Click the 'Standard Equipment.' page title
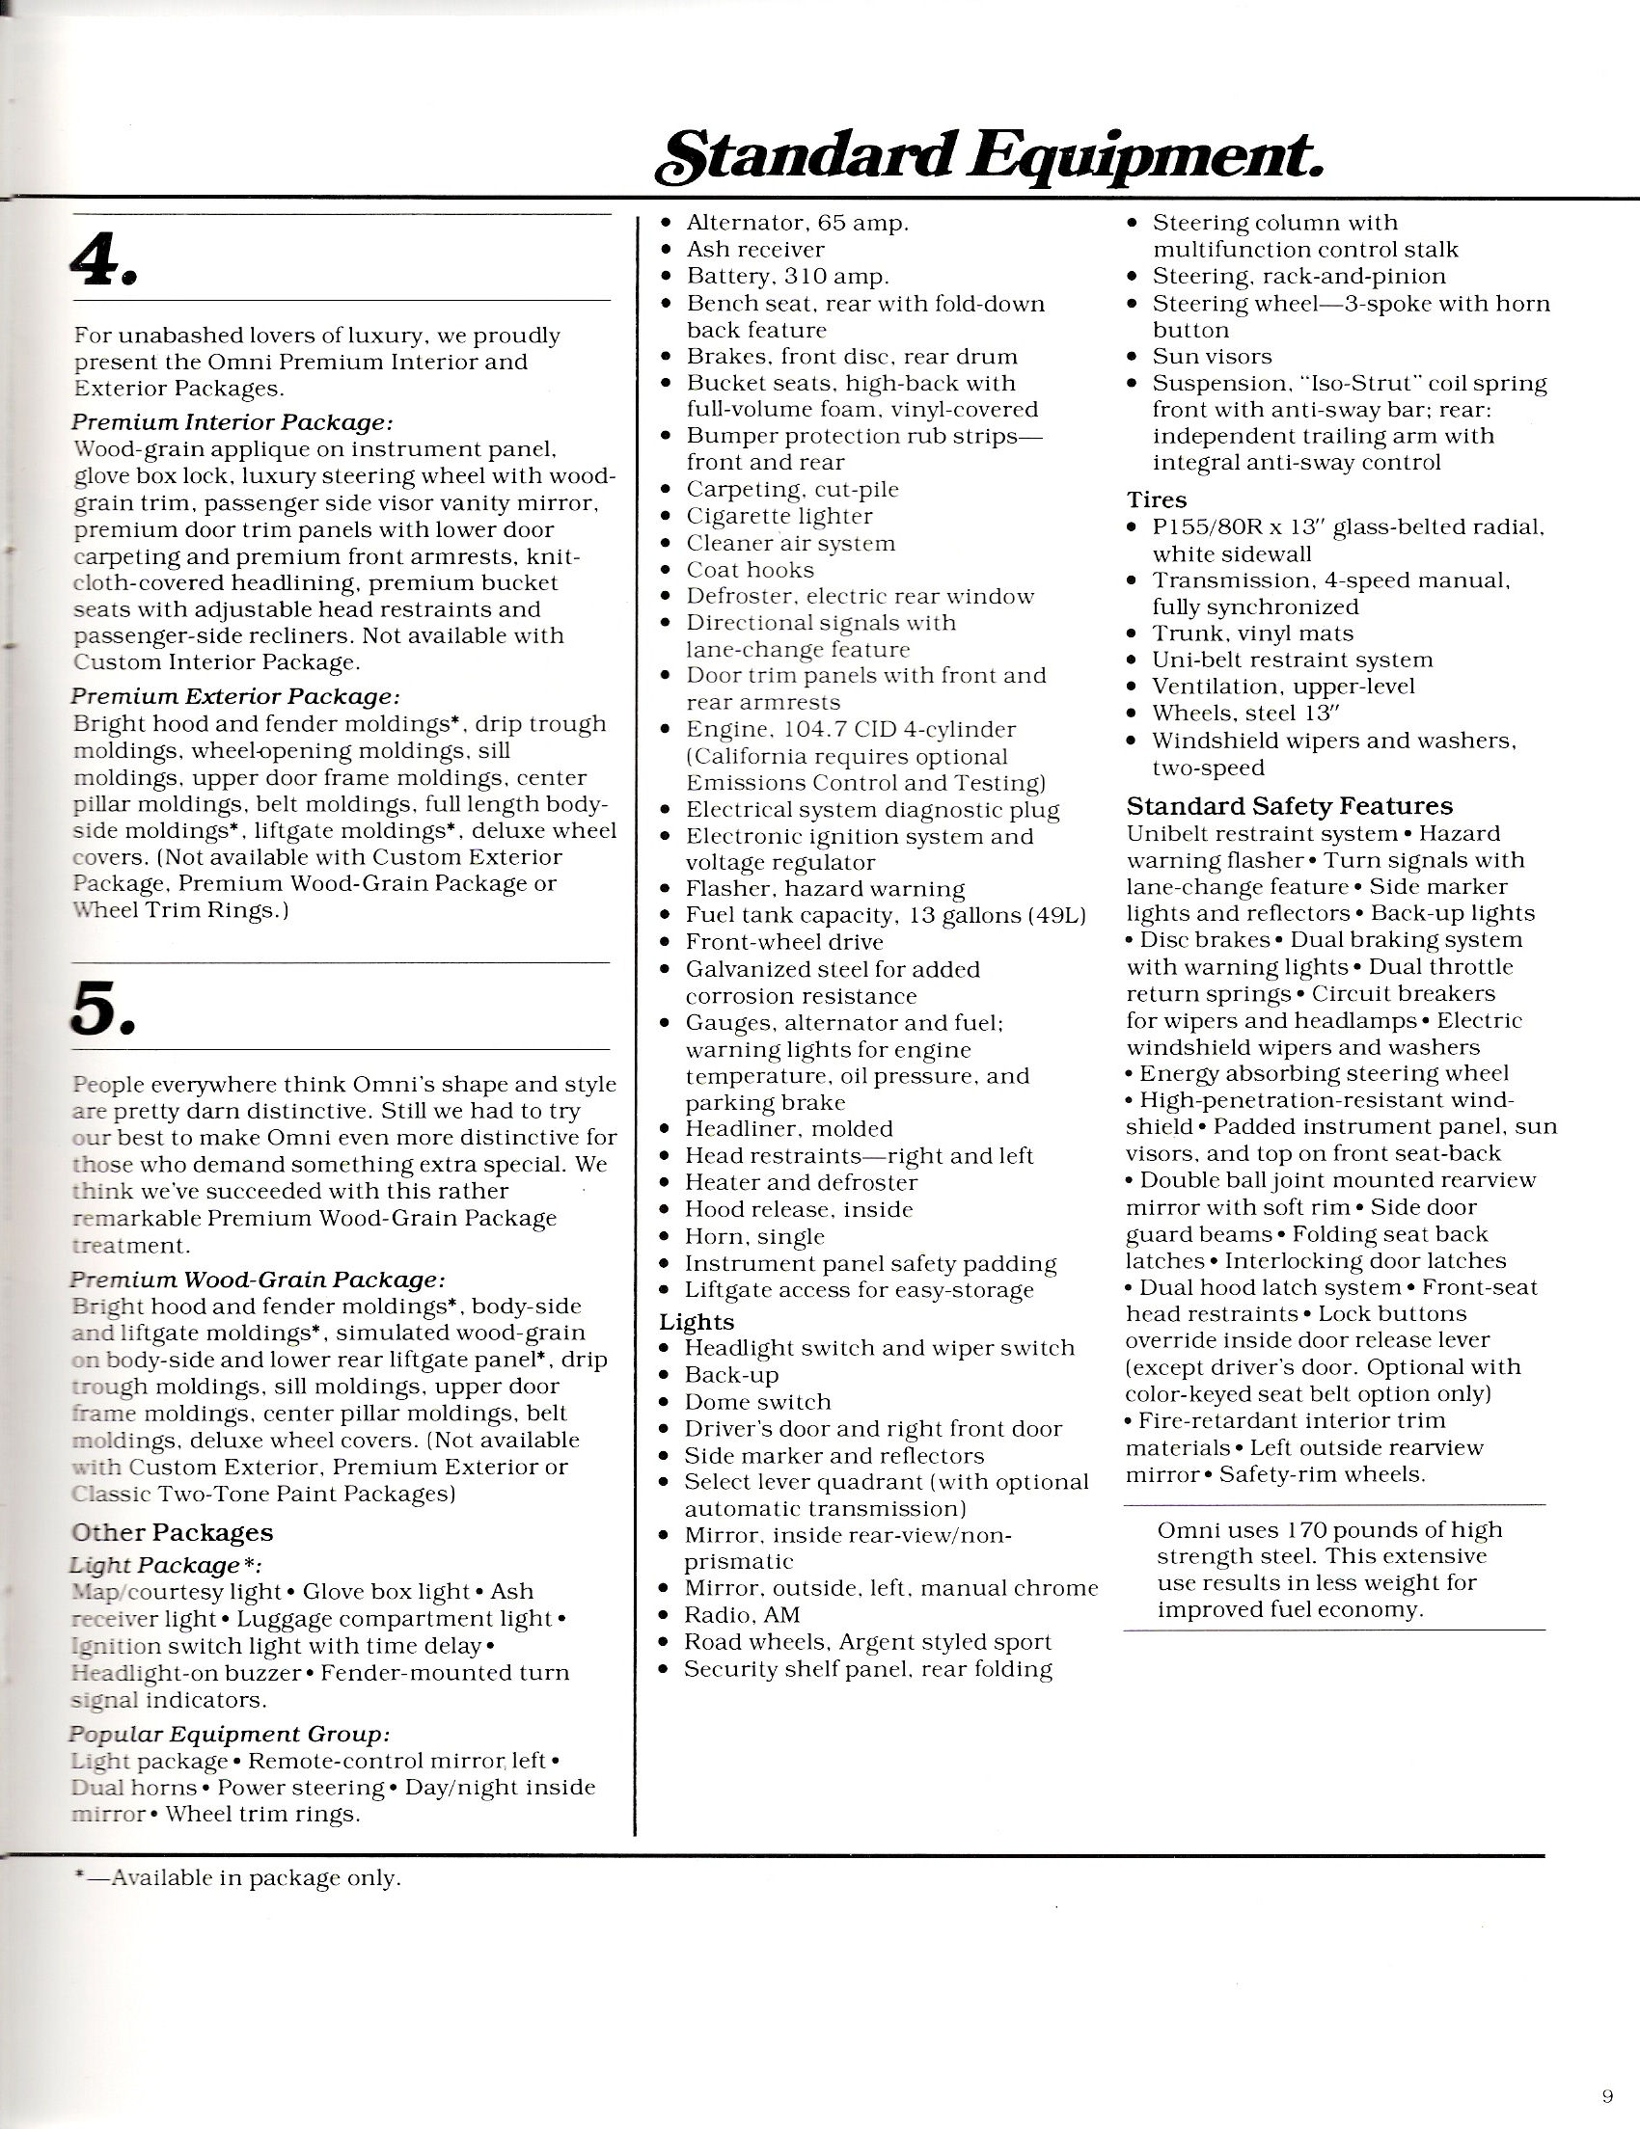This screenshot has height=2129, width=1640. (x=989, y=156)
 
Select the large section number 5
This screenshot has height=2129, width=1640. (x=101, y=1008)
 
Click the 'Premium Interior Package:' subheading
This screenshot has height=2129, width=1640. (x=232, y=423)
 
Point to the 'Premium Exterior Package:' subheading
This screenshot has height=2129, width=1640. (x=235, y=697)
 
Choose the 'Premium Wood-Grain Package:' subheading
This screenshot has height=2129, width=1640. (x=259, y=1279)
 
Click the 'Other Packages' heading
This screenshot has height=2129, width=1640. (x=173, y=1532)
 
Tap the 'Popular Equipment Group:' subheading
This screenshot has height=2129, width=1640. (x=231, y=1735)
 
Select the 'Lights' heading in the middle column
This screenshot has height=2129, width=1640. (x=697, y=1322)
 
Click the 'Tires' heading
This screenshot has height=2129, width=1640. (x=1157, y=500)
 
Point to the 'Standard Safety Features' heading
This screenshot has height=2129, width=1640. (x=1289, y=806)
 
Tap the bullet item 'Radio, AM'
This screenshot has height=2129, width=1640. (x=742, y=1615)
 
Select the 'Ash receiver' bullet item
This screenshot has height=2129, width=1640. (x=754, y=250)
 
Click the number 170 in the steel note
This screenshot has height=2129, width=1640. (x=1303, y=1530)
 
